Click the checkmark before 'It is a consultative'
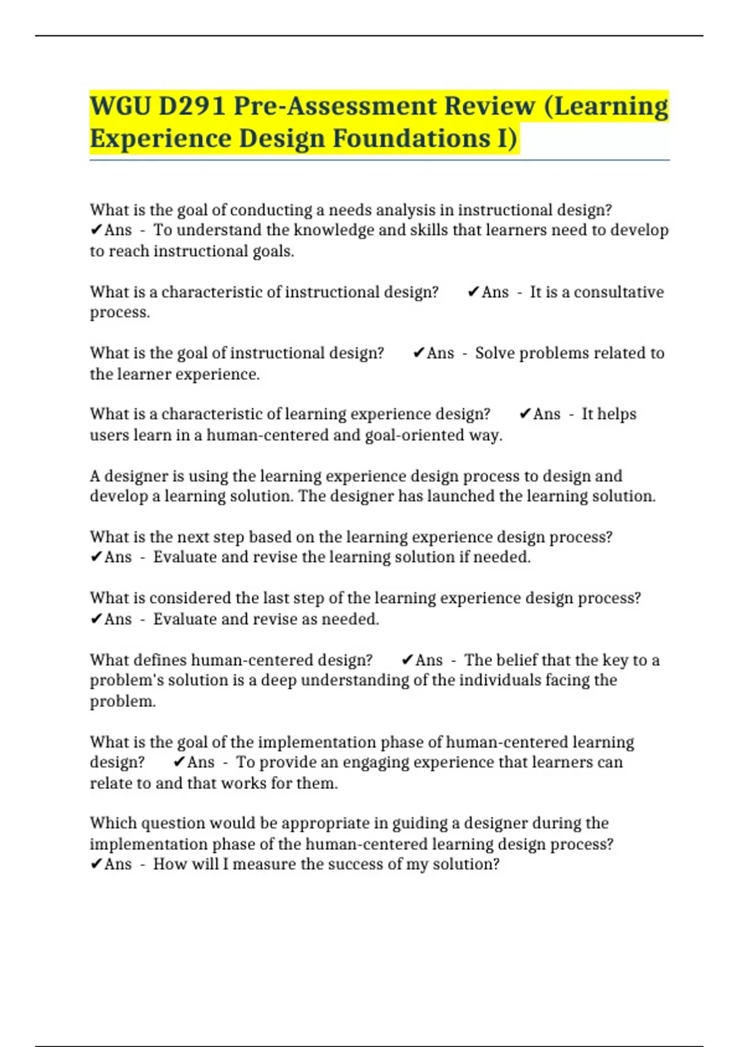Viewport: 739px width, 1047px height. [473, 292]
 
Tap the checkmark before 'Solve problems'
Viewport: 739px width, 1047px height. [418, 353]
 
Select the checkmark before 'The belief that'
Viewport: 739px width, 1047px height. [406, 660]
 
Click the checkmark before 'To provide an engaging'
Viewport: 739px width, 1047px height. [179, 762]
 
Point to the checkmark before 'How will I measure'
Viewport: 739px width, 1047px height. [96, 864]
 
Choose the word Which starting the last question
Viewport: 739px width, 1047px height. [111, 823]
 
